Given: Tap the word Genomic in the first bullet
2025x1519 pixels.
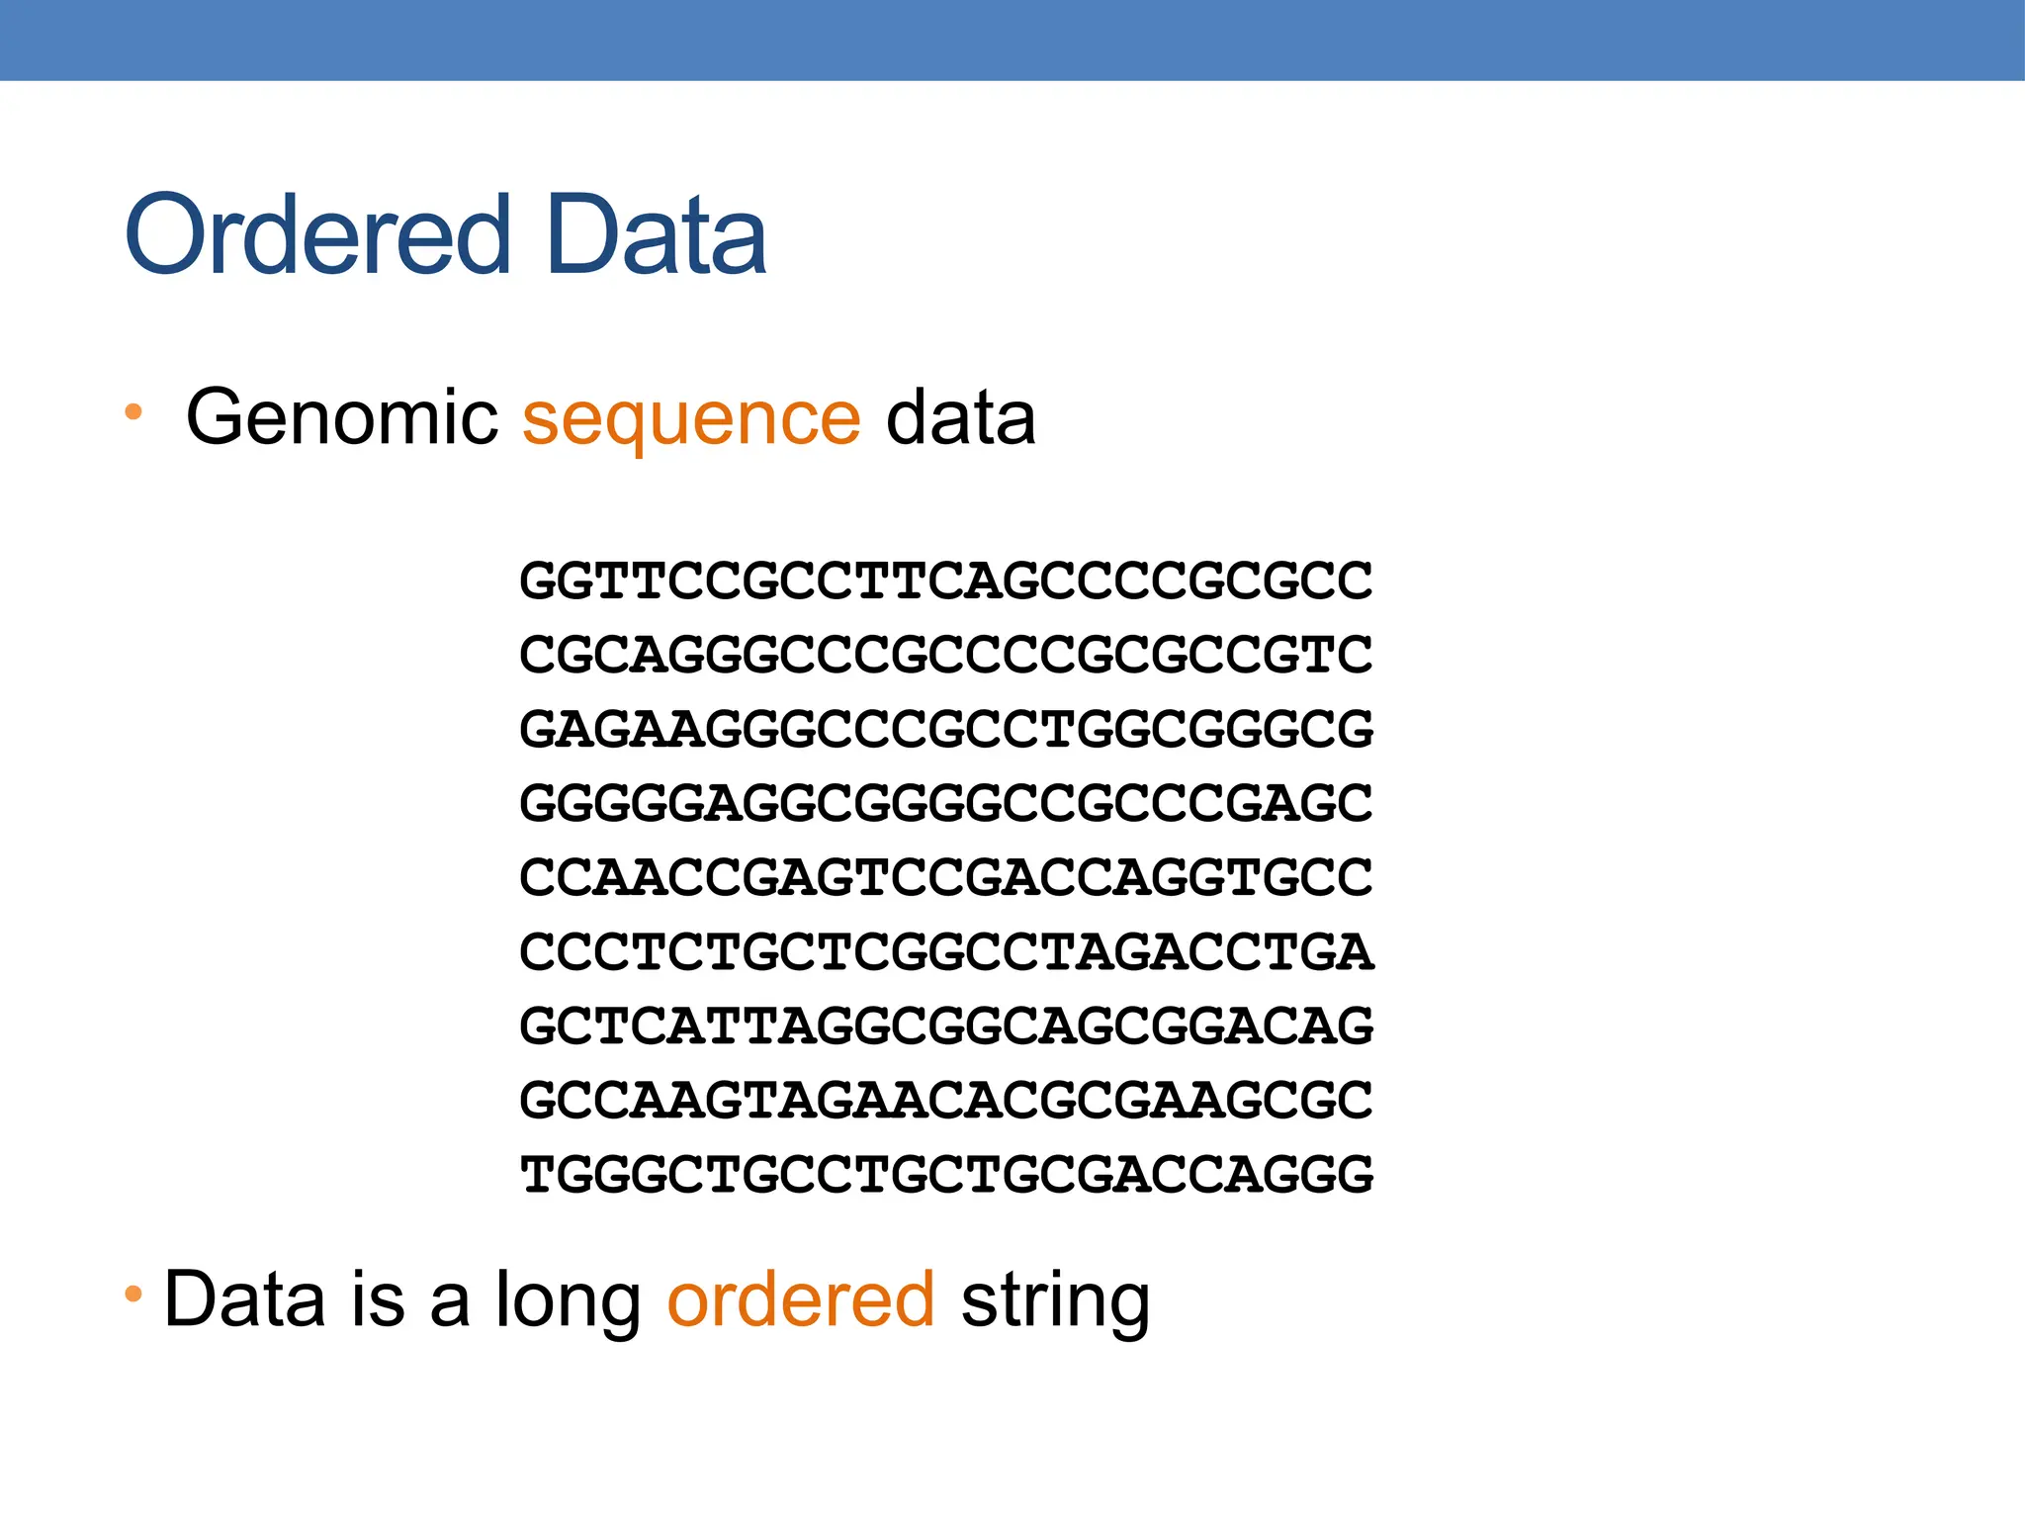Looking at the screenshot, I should tap(342, 418).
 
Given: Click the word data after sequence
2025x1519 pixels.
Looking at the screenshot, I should tap(960, 418).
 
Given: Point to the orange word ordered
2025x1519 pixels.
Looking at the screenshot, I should tap(801, 1299).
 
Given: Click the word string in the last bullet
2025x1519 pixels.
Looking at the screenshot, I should tap(1055, 1301).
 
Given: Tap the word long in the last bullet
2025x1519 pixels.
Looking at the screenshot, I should tap(568, 1301).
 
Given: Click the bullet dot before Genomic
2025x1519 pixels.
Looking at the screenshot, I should tap(133, 411).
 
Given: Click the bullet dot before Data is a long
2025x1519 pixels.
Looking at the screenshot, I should tap(133, 1293).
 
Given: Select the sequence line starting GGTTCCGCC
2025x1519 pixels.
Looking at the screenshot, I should tap(946, 581).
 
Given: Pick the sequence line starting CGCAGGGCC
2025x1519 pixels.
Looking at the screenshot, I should tap(946, 655).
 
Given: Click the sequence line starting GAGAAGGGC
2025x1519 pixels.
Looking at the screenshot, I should tap(946, 729).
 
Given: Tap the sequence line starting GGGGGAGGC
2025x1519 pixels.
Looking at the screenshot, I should tap(946, 803).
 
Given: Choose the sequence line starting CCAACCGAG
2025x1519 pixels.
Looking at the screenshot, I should tap(946, 877).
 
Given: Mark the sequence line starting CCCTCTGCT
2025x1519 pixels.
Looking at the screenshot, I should tap(946, 951).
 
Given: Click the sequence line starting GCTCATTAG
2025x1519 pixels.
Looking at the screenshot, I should tap(946, 1026).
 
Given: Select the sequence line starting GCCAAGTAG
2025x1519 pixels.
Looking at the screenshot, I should tap(946, 1100).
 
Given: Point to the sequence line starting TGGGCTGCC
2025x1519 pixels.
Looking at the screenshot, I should tap(946, 1175).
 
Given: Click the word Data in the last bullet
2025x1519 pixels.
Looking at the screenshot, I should tap(244, 1299).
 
